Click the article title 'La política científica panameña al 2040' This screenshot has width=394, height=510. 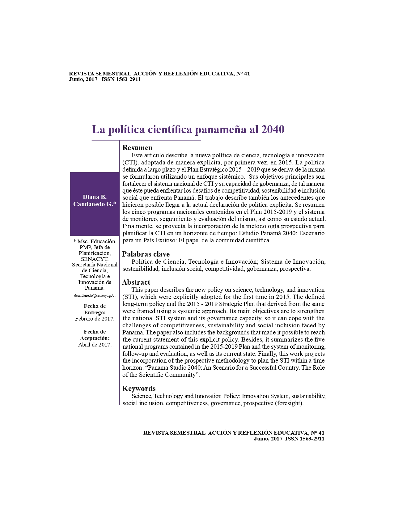pyautogui.click(x=188, y=130)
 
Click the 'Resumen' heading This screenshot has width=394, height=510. pyautogui.click(x=138, y=148)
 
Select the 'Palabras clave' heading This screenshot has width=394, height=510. pyautogui.click(x=146, y=254)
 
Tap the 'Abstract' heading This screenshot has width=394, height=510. pyautogui.click(x=136, y=282)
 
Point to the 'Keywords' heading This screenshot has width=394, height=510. pyautogui.click(x=139, y=389)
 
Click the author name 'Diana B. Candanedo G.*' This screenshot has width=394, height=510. pyautogui.click(x=95, y=201)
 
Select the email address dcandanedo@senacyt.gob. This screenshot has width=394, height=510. pyautogui.click(x=95, y=295)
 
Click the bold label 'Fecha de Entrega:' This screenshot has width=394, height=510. pyautogui.click(x=95, y=309)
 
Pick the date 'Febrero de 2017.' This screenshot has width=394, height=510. pyautogui.click(x=95, y=319)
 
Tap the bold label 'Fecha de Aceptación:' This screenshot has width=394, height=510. pyautogui.click(x=95, y=335)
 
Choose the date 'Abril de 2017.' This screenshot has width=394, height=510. pyautogui.click(x=95, y=345)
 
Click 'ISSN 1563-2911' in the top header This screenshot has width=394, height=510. pyautogui.click(x=121, y=79)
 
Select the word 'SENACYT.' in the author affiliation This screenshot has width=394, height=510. pyautogui.click(x=95, y=259)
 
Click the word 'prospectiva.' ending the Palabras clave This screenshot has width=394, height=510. pyautogui.click(x=295, y=269)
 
